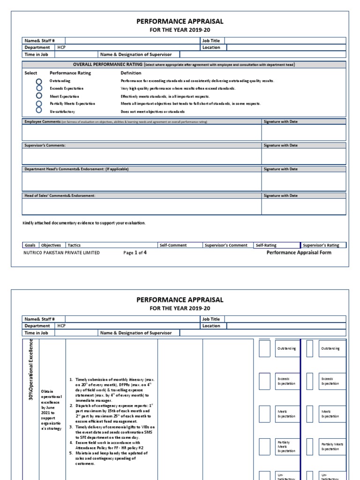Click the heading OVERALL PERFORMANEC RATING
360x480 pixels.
(107, 64)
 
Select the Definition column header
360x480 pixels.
(131, 73)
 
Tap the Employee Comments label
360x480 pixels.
(43, 121)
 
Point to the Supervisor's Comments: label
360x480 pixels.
(45, 145)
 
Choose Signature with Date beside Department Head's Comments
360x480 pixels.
(280, 169)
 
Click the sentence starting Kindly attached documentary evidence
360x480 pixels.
(84, 223)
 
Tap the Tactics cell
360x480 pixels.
(74, 245)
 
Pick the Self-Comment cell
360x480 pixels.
(173, 245)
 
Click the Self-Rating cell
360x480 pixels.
(266, 245)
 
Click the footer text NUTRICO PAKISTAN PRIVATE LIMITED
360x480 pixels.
(61, 253)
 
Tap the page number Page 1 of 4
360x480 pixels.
(135, 253)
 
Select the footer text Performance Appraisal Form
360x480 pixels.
(299, 253)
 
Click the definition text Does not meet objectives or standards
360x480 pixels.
(152, 112)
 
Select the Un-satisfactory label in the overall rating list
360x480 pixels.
(62, 112)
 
